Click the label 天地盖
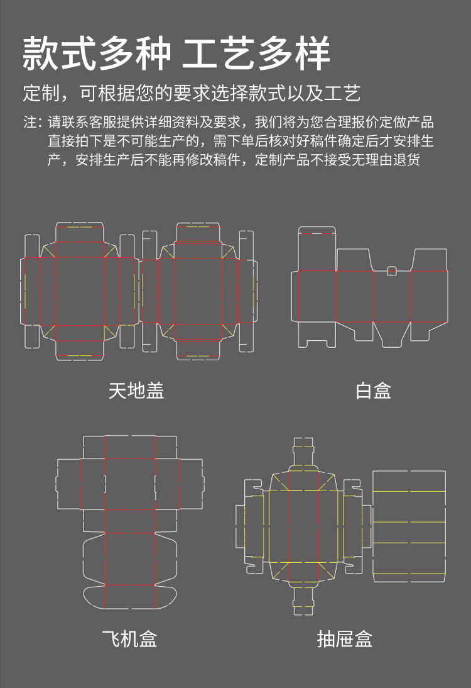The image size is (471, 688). [136, 391]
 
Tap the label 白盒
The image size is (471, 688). [373, 391]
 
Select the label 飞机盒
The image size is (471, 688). [129, 639]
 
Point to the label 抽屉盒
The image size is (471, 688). [345, 639]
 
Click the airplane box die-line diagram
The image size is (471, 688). [129, 522]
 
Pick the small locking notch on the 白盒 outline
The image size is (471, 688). [392, 271]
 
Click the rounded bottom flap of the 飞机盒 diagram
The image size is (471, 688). [129, 596]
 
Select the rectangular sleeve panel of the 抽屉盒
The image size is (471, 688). [409, 526]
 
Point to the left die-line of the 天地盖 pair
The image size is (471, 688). [80, 291]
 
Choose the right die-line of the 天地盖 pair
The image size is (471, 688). [199, 291]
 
